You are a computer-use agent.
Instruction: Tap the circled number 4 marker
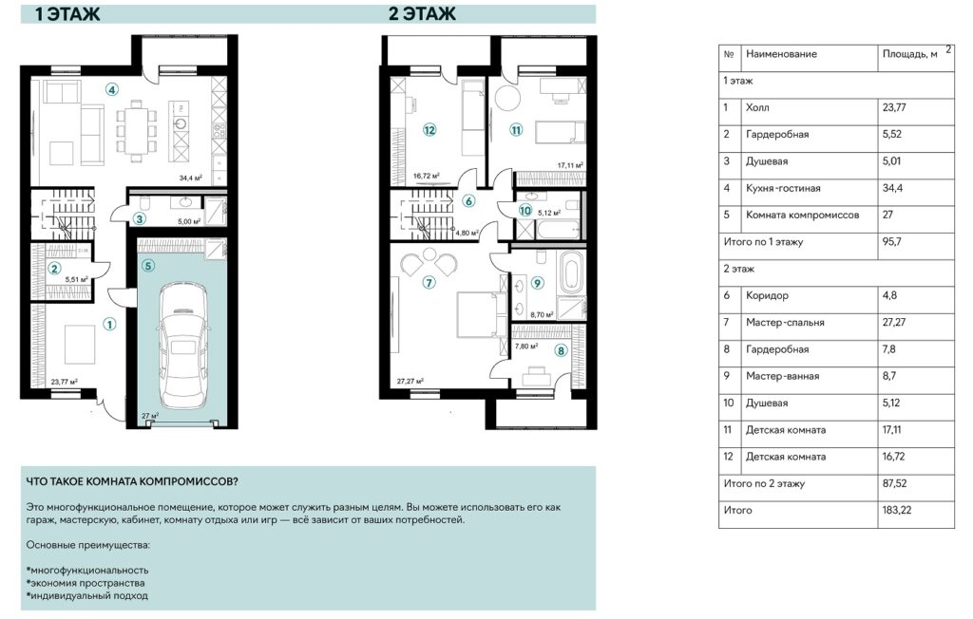pos(111,91)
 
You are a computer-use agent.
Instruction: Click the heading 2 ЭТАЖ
pos(422,13)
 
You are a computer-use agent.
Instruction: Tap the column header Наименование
pos(781,54)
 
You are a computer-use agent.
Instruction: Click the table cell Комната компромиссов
pos(802,215)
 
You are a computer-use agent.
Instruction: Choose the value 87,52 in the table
pos(899,483)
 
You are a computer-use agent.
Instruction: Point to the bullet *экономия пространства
pos(86,582)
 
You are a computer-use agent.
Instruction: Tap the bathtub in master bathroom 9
pos(572,273)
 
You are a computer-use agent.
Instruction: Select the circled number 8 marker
pos(561,350)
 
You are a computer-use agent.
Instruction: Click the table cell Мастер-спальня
pos(785,322)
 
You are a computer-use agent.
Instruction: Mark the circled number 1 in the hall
pos(110,324)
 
